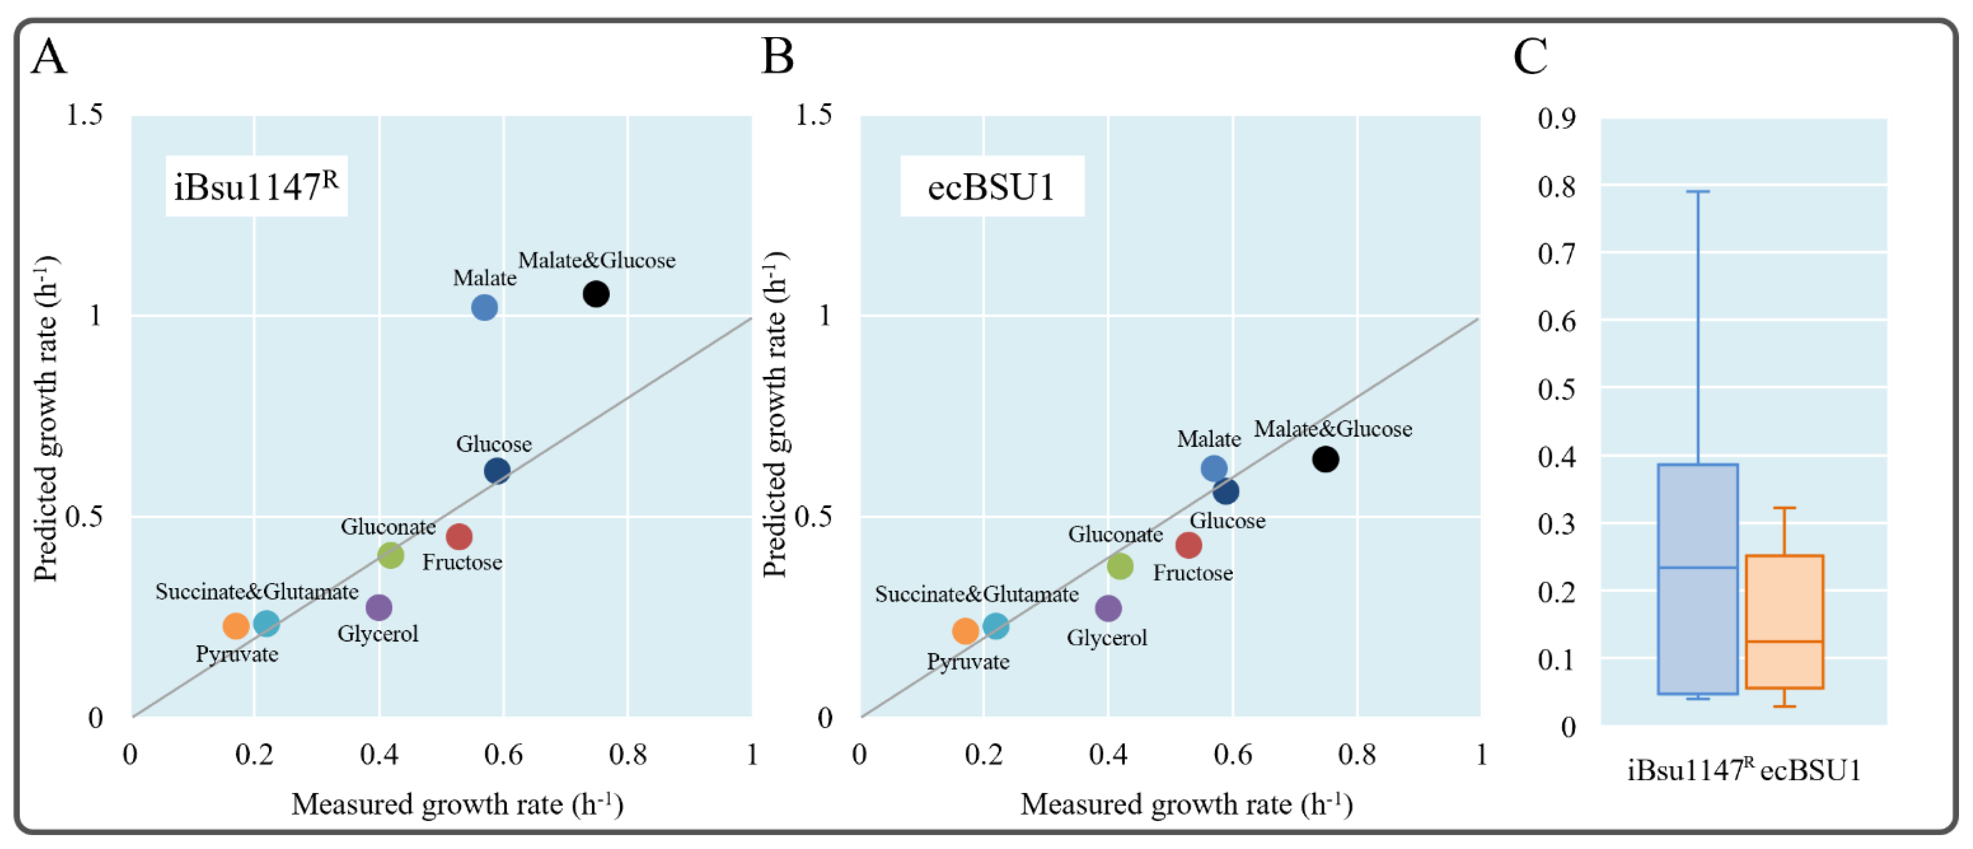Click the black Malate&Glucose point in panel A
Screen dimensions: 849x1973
point(595,294)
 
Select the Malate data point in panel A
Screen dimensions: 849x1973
point(484,307)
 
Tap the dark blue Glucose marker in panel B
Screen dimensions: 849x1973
point(1225,491)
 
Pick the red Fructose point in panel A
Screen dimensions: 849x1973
point(459,536)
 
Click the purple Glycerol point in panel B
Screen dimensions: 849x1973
point(1107,608)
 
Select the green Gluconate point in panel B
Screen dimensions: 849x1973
point(1120,566)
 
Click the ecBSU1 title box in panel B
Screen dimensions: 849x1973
point(991,186)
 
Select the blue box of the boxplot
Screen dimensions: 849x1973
point(1697,579)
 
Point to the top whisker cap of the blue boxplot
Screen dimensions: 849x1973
point(1697,192)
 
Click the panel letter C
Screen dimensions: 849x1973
point(1530,57)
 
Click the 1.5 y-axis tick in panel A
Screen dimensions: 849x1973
point(84,115)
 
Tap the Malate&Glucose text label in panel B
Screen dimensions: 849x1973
point(1332,429)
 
